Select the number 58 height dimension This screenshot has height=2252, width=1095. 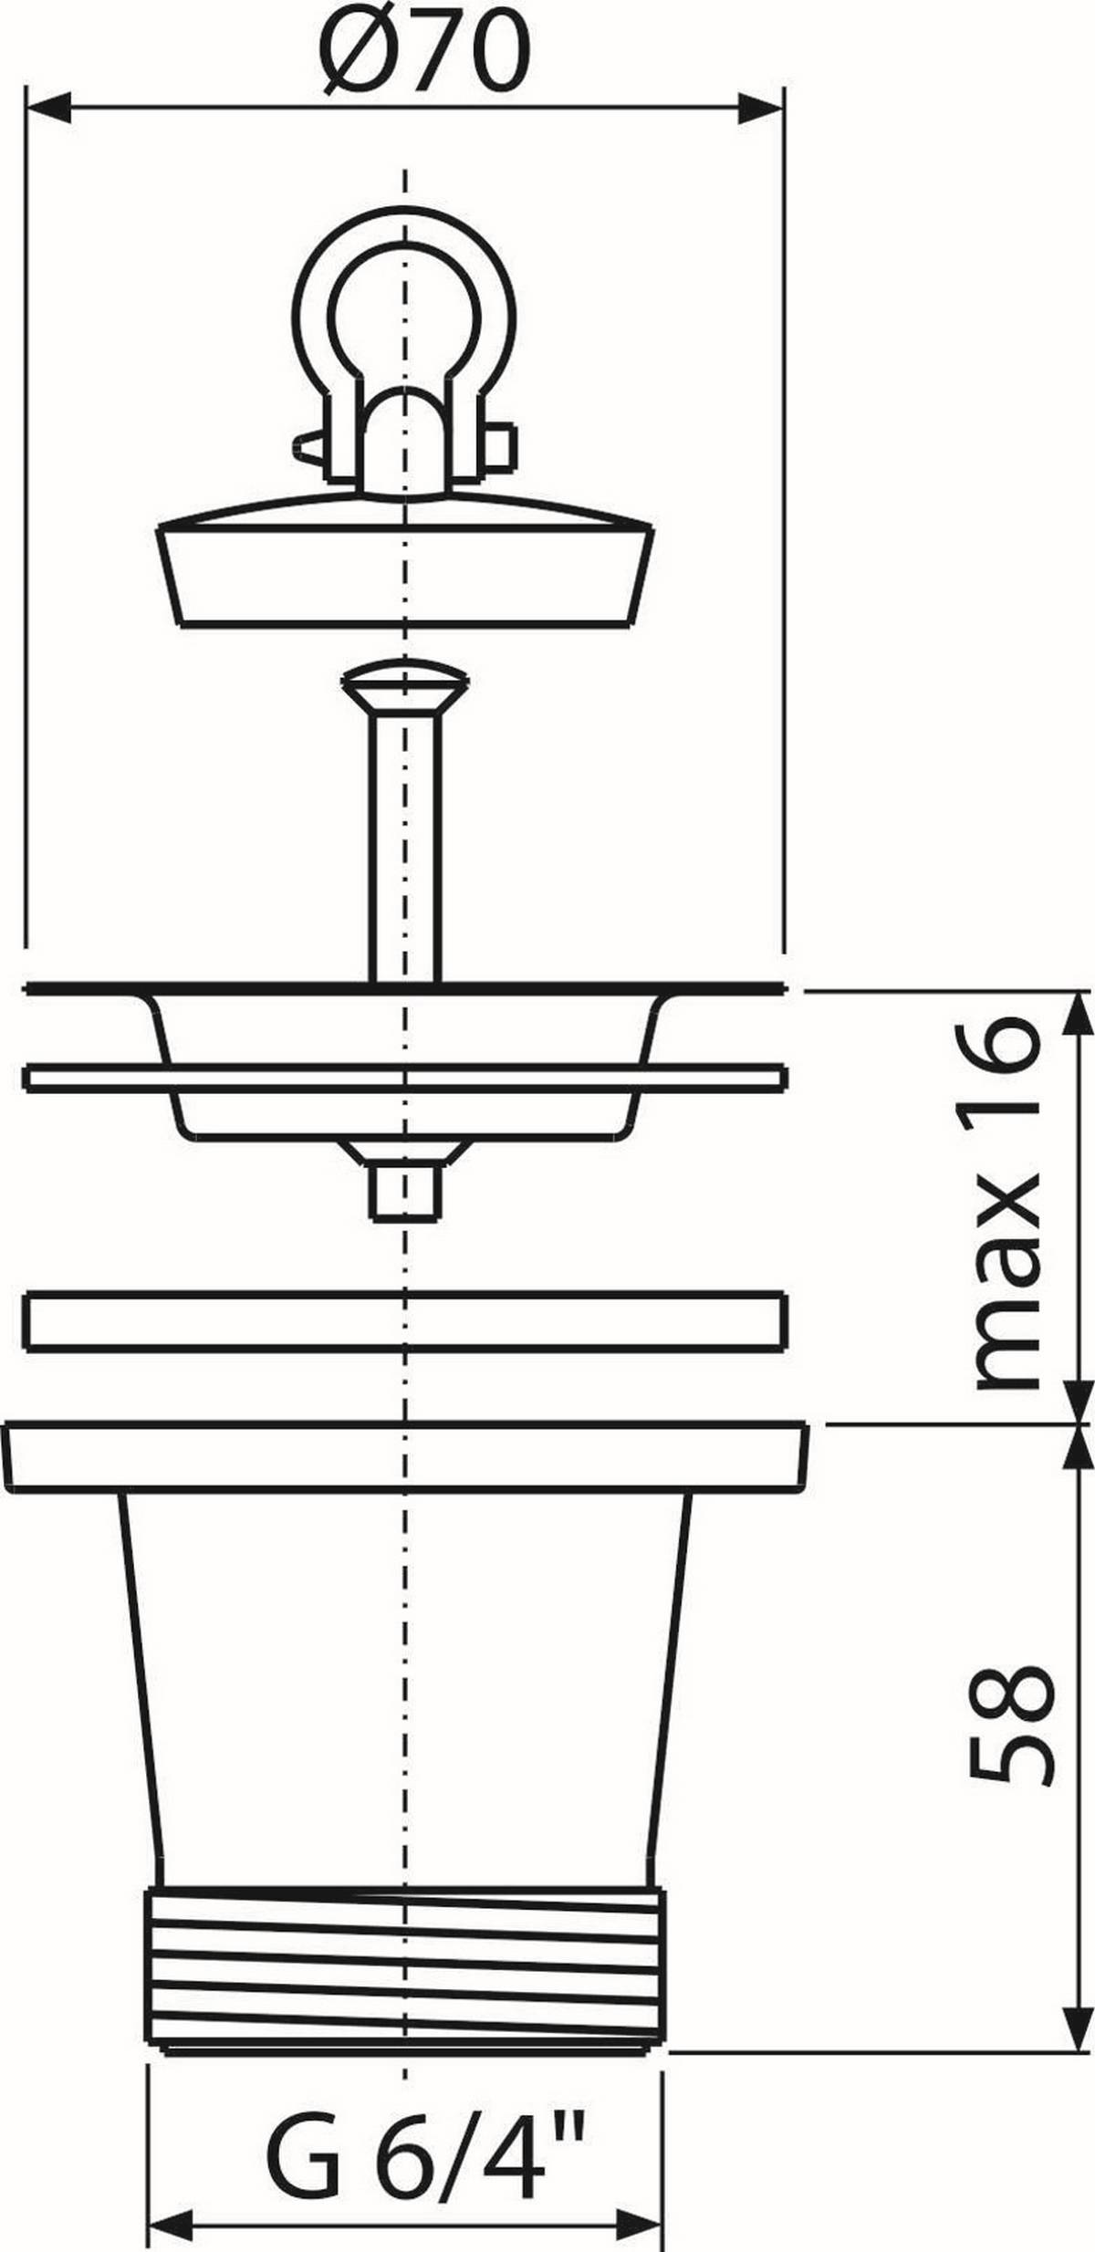click(x=1008, y=1725)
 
